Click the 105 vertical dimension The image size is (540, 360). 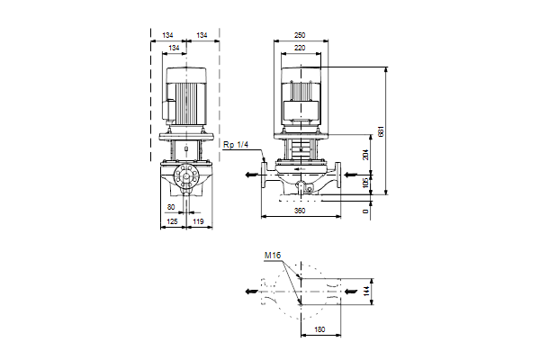364,183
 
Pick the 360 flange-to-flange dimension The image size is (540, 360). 301,211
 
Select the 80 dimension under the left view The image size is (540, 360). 171,206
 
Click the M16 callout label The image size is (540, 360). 273,256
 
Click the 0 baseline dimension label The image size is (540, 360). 364,211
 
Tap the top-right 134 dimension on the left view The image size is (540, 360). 202,35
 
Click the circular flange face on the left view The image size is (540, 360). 188,179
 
